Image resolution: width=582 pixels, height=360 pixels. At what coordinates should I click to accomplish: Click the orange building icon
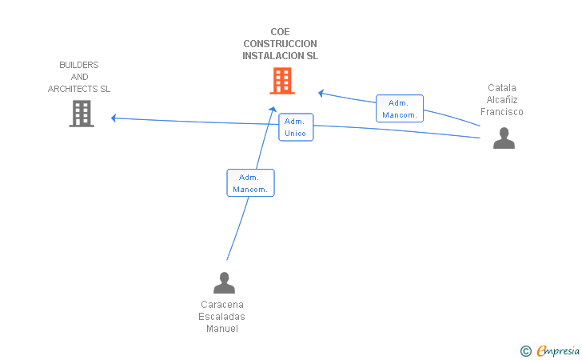coord(282,81)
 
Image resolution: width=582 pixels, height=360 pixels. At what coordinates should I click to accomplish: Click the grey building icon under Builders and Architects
coord(82,114)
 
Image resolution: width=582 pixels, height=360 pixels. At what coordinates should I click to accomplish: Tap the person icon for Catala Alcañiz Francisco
coord(504,138)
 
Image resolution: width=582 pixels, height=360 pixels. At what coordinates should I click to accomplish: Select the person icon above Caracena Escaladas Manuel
coord(224,282)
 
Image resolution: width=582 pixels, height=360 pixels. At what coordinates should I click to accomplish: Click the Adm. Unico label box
coord(296,127)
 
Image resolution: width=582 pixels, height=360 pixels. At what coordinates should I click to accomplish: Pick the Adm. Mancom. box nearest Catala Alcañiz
coord(400,109)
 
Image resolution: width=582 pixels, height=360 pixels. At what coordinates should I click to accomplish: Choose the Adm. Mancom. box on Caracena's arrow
coord(250,182)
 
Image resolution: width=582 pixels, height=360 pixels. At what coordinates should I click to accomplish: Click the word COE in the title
coord(281,32)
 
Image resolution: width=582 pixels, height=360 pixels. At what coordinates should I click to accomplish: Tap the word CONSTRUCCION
coord(281,44)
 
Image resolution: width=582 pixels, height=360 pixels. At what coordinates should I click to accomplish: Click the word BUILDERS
coord(79,65)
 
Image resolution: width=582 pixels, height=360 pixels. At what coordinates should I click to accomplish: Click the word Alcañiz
coord(502,100)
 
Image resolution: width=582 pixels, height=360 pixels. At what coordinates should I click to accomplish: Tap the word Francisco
coord(502,112)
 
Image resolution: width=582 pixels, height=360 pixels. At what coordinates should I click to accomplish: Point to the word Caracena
coord(222,305)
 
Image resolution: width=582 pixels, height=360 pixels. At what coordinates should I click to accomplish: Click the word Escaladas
coord(221,317)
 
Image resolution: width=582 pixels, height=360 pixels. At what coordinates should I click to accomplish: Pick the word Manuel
coord(222,329)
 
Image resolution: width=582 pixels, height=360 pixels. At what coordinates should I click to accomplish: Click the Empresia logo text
coord(558,350)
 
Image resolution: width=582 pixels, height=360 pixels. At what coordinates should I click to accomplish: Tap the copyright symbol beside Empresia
coord(525,351)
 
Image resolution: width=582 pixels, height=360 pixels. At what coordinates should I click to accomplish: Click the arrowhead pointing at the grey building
coord(114,118)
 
